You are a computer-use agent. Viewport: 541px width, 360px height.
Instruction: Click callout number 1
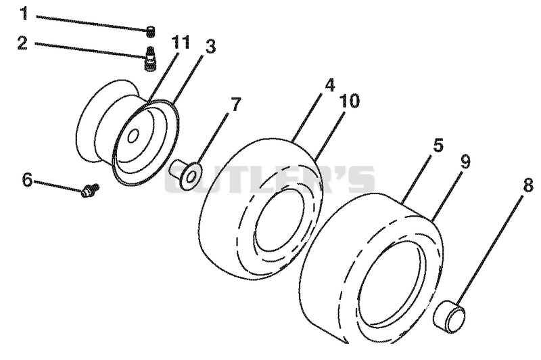[x=24, y=13]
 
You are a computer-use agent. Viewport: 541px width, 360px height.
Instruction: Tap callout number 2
[x=22, y=43]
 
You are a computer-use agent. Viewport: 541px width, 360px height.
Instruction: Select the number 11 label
[x=181, y=43]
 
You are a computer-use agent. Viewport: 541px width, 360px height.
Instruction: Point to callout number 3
[x=210, y=47]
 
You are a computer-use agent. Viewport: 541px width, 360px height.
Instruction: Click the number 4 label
[x=329, y=85]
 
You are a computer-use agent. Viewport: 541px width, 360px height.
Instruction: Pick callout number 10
[x=349, y=101]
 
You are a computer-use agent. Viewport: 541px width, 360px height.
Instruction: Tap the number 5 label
[x=438, y=145]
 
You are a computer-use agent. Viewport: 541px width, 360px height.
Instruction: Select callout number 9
[x=465, y=161]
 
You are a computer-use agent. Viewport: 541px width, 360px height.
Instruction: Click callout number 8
[x=528, y=185]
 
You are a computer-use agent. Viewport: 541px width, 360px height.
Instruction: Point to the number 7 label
[x=235, y=104]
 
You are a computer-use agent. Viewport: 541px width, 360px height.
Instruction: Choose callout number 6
[x=27, y=180]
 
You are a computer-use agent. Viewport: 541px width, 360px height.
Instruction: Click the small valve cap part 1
[x=150, y=31]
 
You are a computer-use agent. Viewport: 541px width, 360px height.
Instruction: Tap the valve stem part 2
[x=149, y=59]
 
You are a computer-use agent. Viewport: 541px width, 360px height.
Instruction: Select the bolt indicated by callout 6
[x=91, y=190]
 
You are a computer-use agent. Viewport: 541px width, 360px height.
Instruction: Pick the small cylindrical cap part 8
[x=449, y=316]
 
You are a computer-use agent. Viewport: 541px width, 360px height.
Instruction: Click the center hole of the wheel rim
[x=133, y=136]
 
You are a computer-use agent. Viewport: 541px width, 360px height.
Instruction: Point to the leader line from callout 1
[x=92, y=22]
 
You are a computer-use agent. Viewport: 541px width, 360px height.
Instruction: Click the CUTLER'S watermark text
[x=270, y=179]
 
